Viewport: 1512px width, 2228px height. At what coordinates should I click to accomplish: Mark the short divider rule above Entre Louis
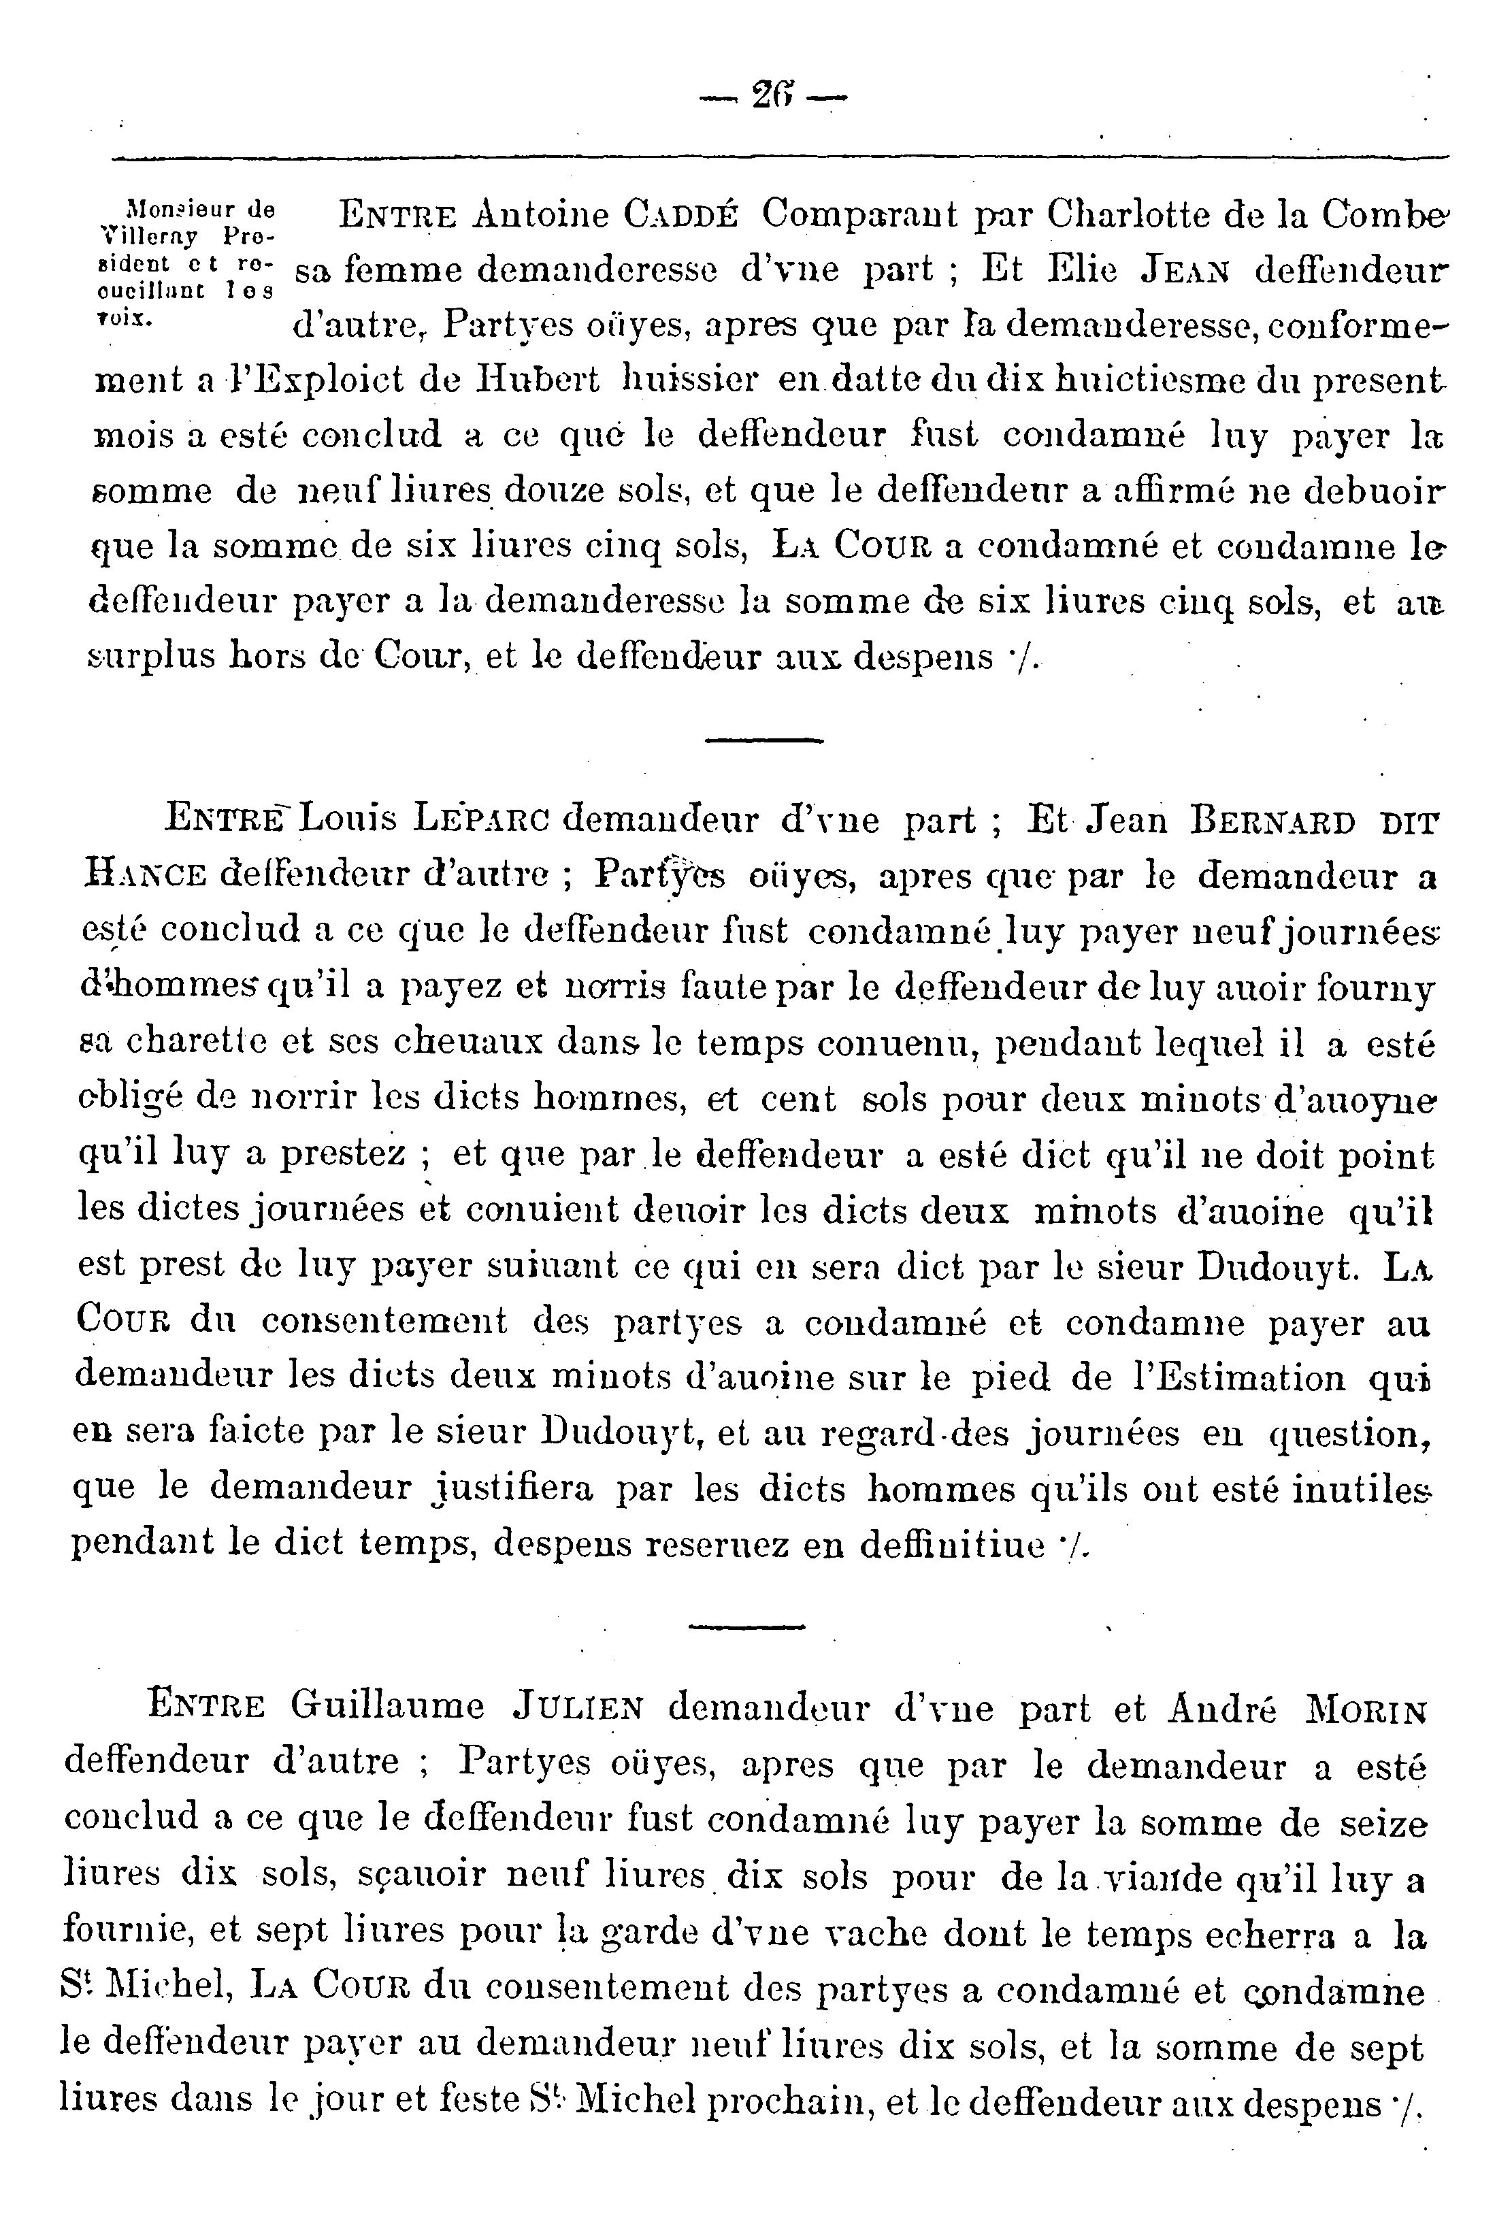pos(764,739)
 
